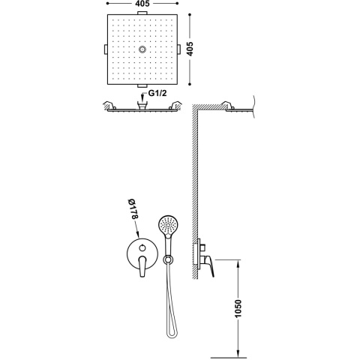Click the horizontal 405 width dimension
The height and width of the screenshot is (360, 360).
click(x=142, y=4)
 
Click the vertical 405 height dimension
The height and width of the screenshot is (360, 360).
click(x=190, y=49)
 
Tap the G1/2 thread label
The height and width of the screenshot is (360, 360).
click(x=157, y=93)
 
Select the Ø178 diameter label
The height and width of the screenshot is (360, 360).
click(x=133, y=208)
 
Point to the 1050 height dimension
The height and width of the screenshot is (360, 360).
click(x=238, y=308)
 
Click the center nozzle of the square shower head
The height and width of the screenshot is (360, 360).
click(x=142, y=49)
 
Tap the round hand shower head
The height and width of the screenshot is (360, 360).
click(x=168, y=225)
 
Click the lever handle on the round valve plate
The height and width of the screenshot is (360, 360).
click(x=142, y=266)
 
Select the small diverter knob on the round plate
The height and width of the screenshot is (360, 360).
click(x=142, y=248)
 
